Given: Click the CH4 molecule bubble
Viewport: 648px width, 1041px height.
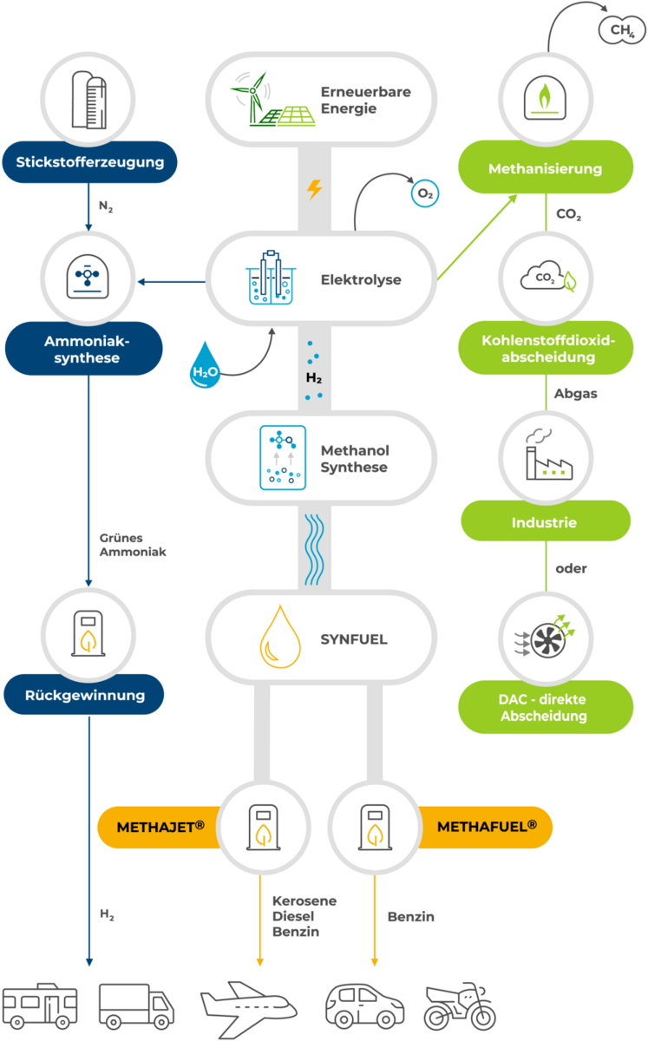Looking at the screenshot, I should coord(621,30).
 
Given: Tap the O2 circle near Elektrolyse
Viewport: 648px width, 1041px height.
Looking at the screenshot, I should coord(425,193).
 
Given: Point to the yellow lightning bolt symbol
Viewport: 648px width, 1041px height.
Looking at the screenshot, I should coord(315,190).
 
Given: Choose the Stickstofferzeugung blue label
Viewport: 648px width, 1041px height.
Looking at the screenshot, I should coord(89,161).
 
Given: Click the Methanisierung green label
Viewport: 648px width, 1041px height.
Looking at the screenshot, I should coord(545,167).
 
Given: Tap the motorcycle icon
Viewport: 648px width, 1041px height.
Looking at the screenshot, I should coord(459,1006).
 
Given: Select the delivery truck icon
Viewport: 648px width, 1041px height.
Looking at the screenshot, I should coord(136,1006).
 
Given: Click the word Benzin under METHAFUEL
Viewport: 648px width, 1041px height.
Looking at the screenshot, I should coord(411,916).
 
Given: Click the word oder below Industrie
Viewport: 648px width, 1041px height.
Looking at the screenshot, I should coord(571,569).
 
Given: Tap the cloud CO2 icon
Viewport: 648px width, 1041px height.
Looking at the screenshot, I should coord(545,278).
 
